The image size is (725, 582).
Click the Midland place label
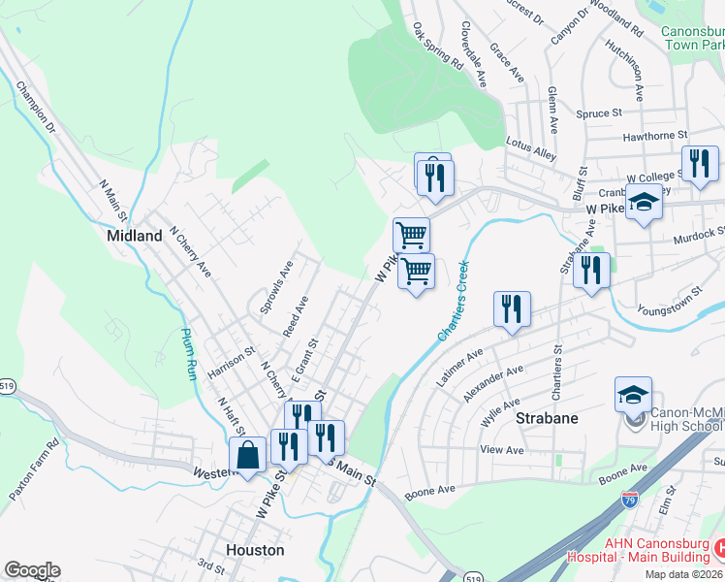tap(135, 236)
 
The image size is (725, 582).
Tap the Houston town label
tap(255, 550)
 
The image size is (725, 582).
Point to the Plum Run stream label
tap(190, 354)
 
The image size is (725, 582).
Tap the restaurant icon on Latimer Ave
tap(512, 309)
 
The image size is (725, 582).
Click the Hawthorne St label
tap(655, 135)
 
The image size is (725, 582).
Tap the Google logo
tap(32, 570)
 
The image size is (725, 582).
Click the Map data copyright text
tap(682, 574)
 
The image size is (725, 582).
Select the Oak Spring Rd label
tap(438, 46)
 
